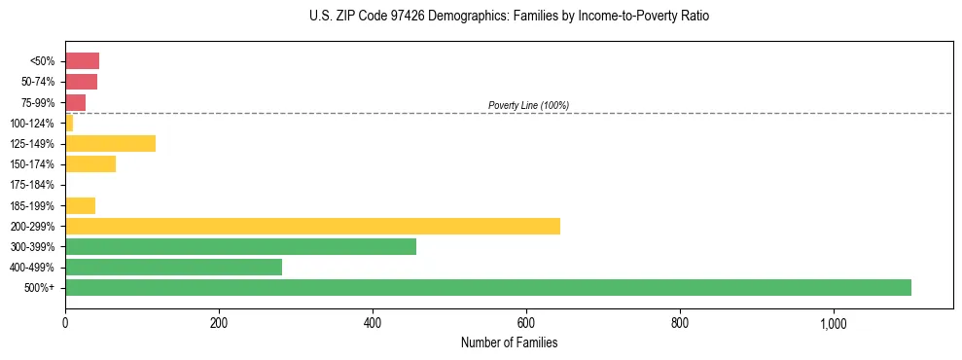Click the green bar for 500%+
pos(487,287)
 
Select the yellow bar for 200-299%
pos(312,226)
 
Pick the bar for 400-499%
pos(173,267)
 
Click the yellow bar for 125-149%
pos(110,143)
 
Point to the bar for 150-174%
pos(90,163)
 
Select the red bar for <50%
pos(82,60)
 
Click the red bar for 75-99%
pos(75,102)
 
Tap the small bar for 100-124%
pos(69,123)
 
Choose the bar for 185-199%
pos(80,205)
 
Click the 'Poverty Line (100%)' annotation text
pos(528,105)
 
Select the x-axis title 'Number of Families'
pos(509,342)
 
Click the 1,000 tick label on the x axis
pos(834,323)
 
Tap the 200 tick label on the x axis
pos(219,323)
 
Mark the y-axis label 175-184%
pos(32,185)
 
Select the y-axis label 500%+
pos(40,288)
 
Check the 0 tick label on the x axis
pos(65,323)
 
